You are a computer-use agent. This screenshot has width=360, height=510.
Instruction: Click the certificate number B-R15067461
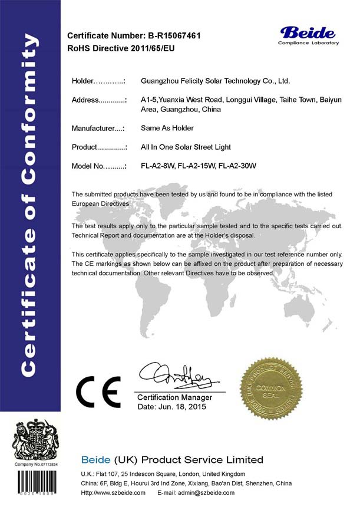click(174, 36)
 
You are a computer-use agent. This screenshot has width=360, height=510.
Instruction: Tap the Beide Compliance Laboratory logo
click(309, 35)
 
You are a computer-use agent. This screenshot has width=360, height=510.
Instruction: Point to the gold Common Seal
click(273, 391)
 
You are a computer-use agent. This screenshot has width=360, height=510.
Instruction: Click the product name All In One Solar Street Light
click(186, 147)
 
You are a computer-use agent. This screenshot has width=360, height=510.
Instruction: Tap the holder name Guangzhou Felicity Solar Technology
click(216, 81)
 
